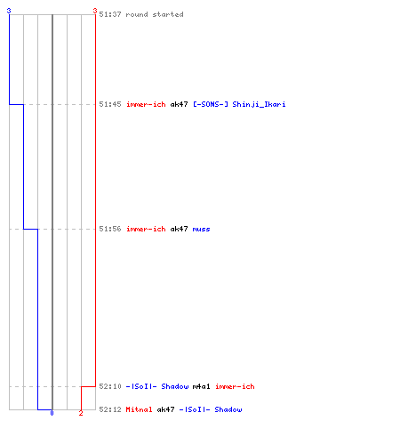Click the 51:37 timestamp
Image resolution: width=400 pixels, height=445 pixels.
point(110,14)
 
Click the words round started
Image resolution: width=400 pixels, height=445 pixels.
point(155,14)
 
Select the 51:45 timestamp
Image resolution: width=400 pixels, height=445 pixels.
point(110,104)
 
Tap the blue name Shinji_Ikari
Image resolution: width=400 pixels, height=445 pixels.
point(259,104)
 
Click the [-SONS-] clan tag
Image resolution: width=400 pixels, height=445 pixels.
point(211,104)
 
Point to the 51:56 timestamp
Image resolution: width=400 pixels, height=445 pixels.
point(110,229)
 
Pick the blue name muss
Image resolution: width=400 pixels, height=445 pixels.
point(201,230)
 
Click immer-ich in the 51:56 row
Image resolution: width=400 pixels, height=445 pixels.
point(146,229)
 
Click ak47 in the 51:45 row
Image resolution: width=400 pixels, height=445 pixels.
point(179,104)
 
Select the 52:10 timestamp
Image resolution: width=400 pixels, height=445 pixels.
point(110,386)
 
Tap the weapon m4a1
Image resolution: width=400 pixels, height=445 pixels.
point(201,386)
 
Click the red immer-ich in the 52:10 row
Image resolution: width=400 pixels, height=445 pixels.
point(235,386)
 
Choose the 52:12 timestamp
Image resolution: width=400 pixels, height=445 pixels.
point(110,409)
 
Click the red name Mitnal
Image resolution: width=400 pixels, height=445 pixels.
point(139,409)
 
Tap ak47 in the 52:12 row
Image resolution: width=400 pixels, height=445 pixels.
point(165,409)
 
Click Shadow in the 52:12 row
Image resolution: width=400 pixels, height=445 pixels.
point(228,409)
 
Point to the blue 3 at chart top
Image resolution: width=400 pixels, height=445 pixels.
point(9,11)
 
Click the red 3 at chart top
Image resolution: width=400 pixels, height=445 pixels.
point(95,11)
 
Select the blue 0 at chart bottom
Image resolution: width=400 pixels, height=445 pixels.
point(52,413)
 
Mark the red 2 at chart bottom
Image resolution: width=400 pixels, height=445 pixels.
point(81,413)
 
